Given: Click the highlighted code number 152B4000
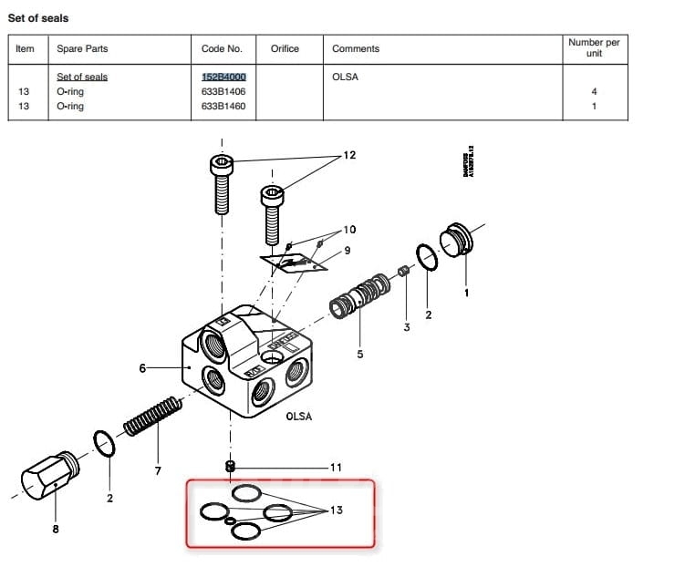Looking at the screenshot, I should (x=223, y=77).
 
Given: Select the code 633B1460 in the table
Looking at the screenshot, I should (x=223, y=107).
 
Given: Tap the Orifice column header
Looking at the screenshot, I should (x=285, y=48).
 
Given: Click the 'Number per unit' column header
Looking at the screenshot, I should (x=593, y=47).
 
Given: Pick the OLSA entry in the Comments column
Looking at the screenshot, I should (x=345, y=77).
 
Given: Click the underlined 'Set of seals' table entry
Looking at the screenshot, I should (x=82, y=77).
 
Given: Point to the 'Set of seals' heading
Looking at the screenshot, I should (x=38, y=17).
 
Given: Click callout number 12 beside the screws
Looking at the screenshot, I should (x=349, y=155).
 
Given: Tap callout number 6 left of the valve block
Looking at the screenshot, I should (x=142, y=368).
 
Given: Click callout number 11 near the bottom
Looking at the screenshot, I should (x=336, y=468).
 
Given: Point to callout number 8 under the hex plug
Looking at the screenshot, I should (x=56, y=529).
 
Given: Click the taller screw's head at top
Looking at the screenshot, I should (x=223, y=165).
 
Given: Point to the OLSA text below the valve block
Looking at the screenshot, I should (x=298, y=417).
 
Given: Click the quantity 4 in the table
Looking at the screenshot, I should (x=594, y=91).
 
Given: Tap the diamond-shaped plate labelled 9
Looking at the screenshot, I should (x=295, y=264).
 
